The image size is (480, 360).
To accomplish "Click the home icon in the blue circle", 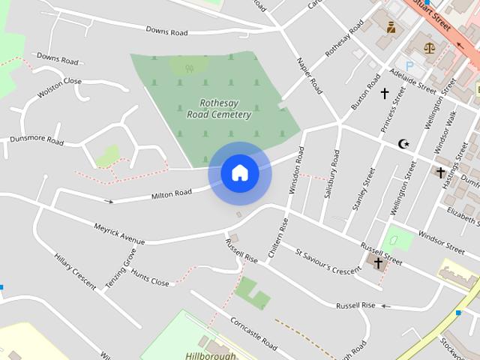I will tap(239, 173).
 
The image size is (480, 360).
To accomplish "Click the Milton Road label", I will tap(172, 195).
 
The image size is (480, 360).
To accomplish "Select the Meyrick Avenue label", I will tap(118, 233).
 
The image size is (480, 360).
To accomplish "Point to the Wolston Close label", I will tap(59, 88).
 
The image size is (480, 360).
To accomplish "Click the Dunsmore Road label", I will tap(36, 139).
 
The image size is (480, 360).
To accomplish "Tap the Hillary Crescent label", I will tap(75, 271).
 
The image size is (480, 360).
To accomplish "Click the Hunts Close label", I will tap(150, 277).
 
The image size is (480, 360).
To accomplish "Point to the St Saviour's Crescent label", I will tap(328, 261).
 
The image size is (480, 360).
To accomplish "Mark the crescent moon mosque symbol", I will tap(404, 143).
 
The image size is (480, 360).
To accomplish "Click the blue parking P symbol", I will tap(409, 66).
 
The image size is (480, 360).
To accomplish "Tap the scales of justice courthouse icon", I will tap(429, 47).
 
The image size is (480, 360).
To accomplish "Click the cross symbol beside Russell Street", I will tap(378, 262).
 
